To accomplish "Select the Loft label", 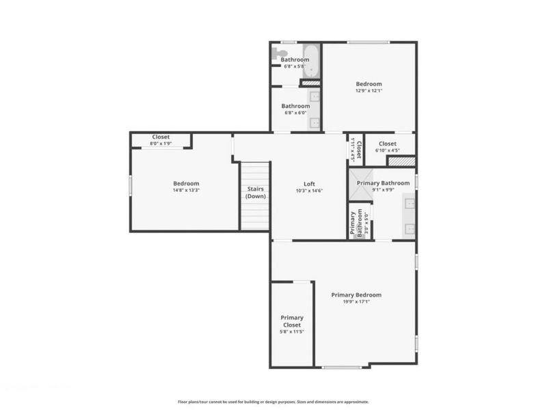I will pos(309,183).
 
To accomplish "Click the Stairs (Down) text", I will pos(255,192).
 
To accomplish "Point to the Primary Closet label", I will pos(292,321).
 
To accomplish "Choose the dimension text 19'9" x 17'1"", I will pos(356,302).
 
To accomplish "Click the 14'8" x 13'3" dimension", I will pos(185,191).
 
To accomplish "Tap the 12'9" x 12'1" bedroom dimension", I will pos(369,91).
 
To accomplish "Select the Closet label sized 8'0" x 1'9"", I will pos(161,137).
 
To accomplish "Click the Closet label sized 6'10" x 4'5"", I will pos(387,144).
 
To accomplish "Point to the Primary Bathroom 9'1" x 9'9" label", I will pos(383,183).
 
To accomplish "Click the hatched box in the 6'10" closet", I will pos(401,161).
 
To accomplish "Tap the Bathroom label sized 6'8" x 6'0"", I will pos(296,106).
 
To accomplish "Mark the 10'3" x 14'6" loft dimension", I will pos(309,191).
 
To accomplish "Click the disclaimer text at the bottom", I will pos(273,402).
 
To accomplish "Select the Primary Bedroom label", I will pos(356,295).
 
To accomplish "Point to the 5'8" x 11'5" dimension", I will pos(292,331).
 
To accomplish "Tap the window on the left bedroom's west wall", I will pos(131,185).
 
